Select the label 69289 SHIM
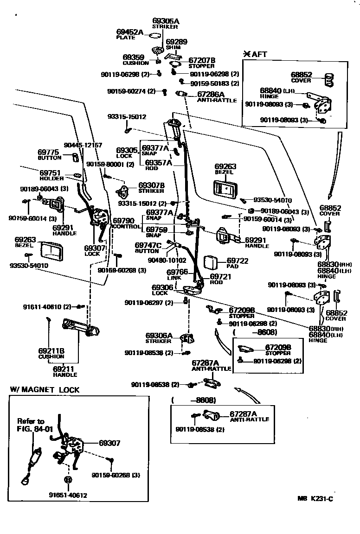[176, 44]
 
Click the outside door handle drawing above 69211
[81, 327]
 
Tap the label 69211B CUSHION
[51, 354]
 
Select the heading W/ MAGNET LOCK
[45, 390]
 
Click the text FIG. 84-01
[32, 429]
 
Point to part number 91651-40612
[68, 495]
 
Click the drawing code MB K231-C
[315, 499]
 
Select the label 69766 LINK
[177, 274]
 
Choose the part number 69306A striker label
[159, 337]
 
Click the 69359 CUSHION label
[136, 60]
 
